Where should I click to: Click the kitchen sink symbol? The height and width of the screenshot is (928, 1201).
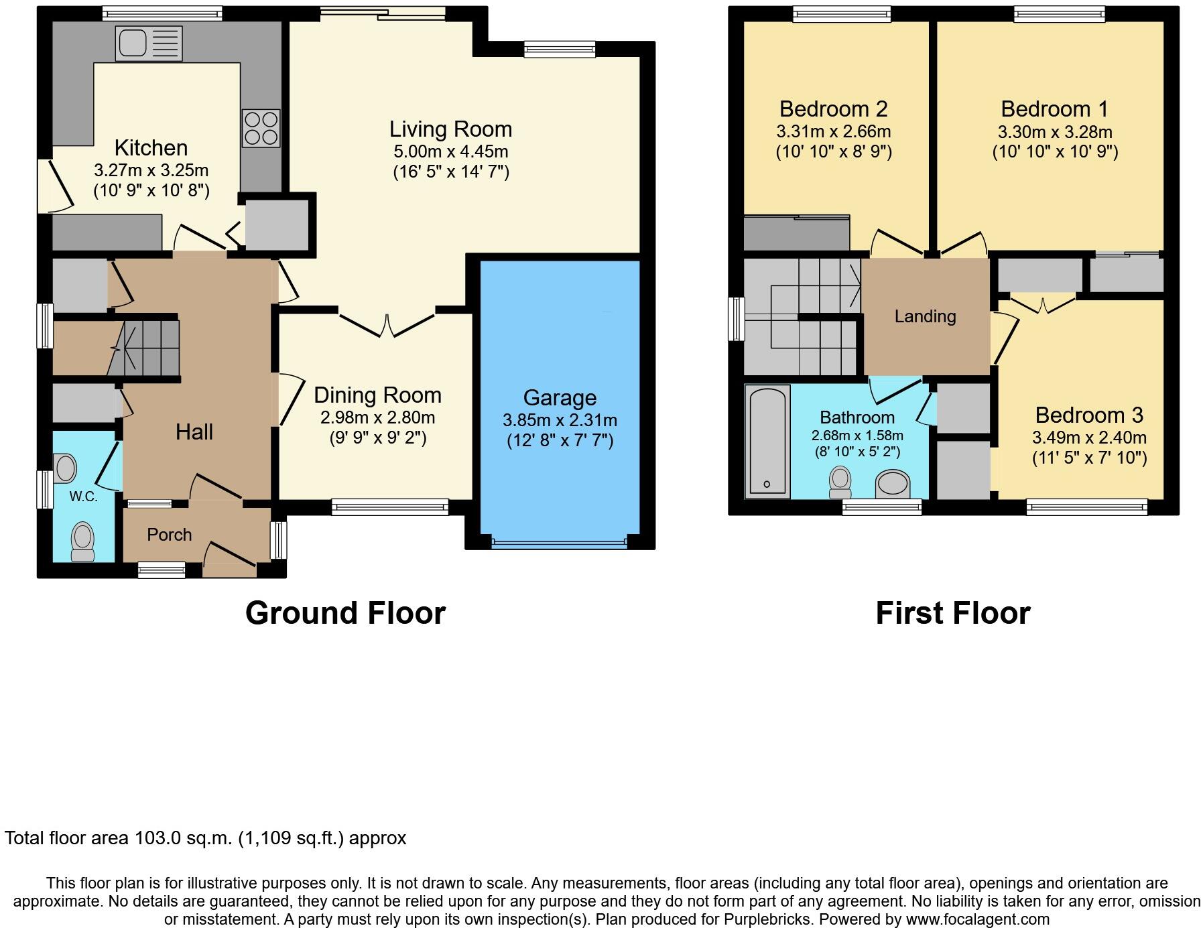[148, 44]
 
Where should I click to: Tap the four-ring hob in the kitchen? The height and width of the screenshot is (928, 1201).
[261, 128]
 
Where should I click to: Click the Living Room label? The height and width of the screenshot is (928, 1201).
[450, 129]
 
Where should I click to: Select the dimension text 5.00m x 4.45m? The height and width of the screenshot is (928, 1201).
[450, 151]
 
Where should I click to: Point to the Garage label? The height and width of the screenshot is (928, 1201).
[560, 398]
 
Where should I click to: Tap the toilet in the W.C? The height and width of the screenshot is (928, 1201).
[83, 541]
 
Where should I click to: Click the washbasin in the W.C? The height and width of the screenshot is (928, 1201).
[65, 468]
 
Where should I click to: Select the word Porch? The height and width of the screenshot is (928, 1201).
[169, 535]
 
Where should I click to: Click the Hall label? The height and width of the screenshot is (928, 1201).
[194, 432]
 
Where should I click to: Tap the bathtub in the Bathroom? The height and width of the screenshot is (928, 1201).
[767, 441]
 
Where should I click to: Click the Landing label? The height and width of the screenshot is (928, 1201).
[925, 316]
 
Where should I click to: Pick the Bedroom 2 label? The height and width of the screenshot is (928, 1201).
[833, 109]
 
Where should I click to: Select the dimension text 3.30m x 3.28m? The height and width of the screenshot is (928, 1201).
[1054, 132]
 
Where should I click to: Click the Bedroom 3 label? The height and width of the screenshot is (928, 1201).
[1088, 415]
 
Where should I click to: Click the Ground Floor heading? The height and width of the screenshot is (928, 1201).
[345, 613]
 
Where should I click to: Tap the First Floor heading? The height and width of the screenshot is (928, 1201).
[952, 613]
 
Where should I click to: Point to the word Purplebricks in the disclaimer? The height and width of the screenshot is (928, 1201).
[768, 919]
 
